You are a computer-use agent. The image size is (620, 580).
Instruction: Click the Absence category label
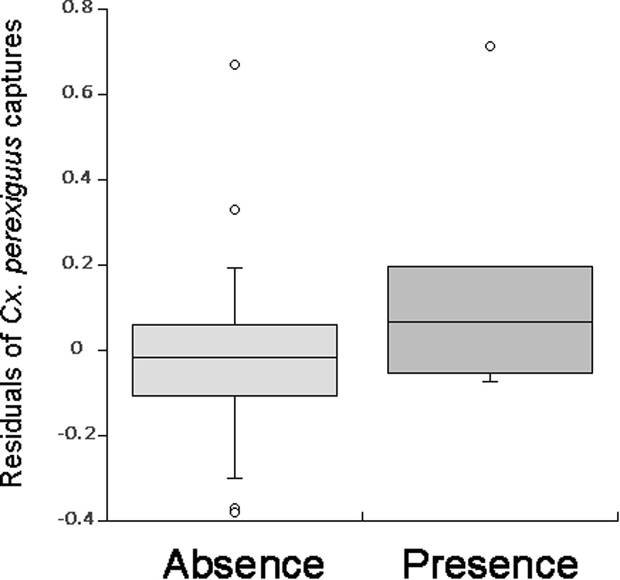243,564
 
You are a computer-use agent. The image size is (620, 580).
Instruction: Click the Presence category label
490,564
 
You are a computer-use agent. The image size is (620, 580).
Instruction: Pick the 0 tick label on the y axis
77,349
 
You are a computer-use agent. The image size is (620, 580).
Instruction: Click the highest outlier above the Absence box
235,65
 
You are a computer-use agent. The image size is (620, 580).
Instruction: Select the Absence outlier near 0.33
235,210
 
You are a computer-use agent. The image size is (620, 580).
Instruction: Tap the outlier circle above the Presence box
490,46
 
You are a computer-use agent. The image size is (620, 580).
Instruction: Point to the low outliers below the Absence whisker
234,510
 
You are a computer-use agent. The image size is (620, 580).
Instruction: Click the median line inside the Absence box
235,357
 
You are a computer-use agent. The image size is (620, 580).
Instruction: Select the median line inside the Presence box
490,322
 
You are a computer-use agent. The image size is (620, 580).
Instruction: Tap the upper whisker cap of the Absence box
235,268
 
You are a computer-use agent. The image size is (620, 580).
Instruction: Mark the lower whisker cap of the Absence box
235,478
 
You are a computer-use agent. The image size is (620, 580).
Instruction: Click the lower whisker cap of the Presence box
490,381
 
